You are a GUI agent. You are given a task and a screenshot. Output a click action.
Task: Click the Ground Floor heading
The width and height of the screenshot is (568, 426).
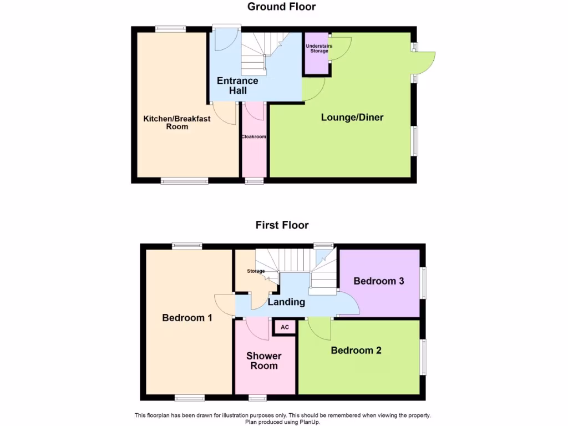click(281, 7)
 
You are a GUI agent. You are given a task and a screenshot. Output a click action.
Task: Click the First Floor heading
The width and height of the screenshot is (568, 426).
click(282, 225)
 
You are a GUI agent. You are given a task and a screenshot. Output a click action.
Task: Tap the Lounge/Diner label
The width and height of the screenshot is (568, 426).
click(352, 118)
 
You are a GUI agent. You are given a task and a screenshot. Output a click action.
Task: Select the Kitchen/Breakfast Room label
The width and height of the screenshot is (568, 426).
click(177, 123)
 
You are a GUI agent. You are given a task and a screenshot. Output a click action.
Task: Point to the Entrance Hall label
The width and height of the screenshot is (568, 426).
click(237, 85)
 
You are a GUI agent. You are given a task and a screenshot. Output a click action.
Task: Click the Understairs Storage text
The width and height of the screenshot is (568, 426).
click(319, 48)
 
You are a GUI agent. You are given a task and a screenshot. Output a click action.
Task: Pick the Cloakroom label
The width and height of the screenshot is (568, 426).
click(254, 136)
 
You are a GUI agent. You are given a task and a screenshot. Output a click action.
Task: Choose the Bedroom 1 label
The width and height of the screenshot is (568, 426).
click(187, 318)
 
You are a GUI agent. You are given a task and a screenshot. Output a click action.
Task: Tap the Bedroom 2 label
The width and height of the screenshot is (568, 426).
click(356, 351)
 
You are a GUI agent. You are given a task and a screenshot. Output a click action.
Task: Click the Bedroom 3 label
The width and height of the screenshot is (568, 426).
click(379, 281)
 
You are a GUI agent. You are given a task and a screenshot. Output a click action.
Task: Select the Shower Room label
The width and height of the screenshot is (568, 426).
click(264, 361)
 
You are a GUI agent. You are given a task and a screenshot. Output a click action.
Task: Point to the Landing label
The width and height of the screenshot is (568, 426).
click(286, 302)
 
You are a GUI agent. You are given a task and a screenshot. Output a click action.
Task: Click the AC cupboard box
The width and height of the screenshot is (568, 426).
click(285, 327)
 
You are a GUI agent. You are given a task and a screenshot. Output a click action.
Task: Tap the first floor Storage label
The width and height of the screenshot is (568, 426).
click(256, 271)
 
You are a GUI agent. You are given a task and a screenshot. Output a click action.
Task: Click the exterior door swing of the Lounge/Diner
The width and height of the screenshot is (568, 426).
click(425, 62)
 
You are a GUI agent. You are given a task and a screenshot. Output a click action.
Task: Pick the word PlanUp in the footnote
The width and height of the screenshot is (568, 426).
click(310, 422)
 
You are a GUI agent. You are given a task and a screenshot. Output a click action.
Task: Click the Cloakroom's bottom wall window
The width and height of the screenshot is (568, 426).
click(255, 181)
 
